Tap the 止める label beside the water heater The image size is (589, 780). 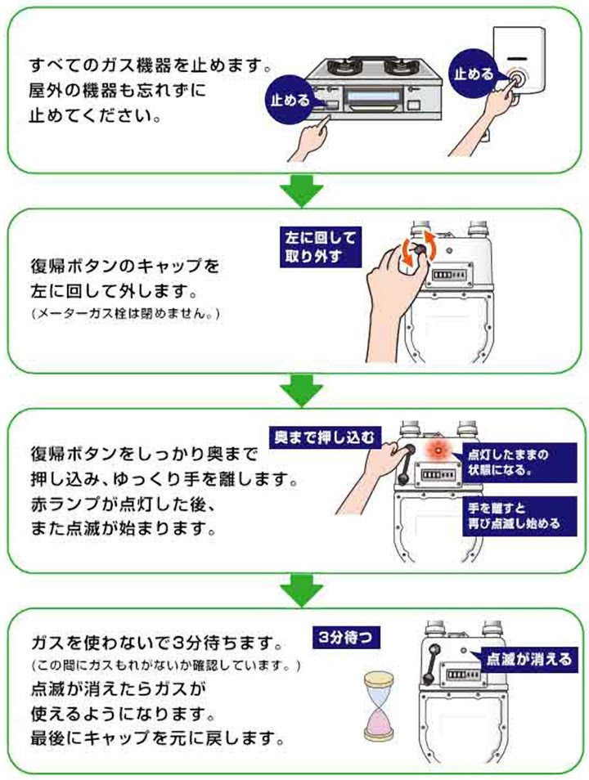[x=474, y=74]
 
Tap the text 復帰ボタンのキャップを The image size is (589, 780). [x=124, y=267]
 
